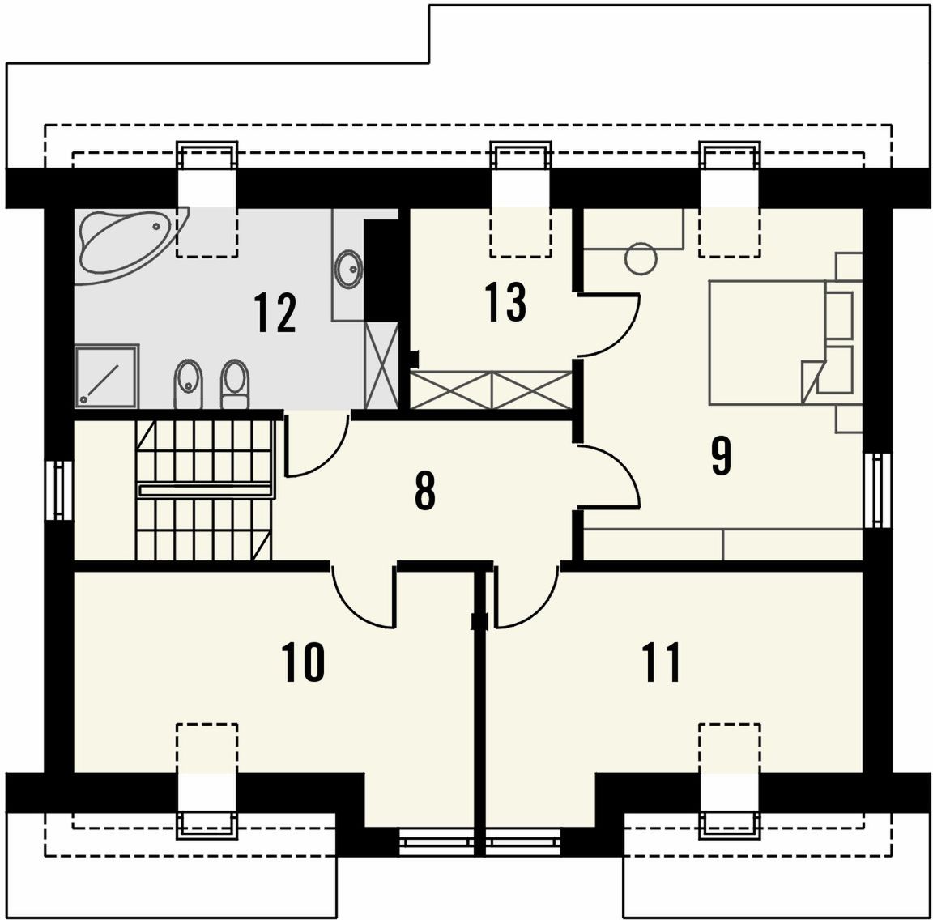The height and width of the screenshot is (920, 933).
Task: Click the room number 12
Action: click(275, 313)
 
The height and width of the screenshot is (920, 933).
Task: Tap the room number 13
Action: click(505, 302)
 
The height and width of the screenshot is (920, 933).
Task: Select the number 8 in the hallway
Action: click(425, 492)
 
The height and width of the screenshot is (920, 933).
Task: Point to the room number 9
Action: click(721, 456)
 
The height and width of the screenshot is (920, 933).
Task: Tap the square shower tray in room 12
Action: click(107, 376)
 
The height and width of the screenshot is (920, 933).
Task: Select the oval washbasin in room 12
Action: click(349, 269)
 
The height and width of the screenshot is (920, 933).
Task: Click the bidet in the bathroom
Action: click(190, 383)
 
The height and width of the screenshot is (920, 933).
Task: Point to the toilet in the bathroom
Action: click(235, 383)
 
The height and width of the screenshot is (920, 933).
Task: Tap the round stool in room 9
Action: click(641, 259)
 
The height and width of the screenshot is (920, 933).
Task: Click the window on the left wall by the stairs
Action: click(59, 490)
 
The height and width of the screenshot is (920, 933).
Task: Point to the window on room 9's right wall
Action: click(878, 490)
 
